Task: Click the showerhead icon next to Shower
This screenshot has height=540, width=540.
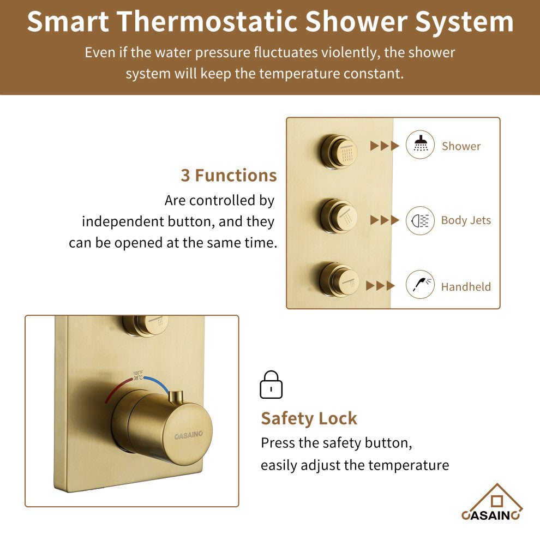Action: (420, 145)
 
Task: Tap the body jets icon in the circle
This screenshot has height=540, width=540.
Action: (420, 220)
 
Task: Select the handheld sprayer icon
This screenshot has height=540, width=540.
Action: (420, 285)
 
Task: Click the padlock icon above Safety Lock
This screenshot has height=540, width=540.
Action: (271, 385)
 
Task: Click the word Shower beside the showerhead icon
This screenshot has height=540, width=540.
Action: (461, 146)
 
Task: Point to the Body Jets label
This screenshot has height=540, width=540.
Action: (466, 220)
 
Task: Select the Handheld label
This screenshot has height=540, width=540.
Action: (466, 287)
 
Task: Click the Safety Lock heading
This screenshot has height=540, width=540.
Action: (309, 418)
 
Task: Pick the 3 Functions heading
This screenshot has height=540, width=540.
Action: (229, 176)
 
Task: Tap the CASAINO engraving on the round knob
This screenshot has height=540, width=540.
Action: (189, 435)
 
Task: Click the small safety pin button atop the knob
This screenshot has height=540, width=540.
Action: (175, 397)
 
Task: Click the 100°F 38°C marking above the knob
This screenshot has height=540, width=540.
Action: (137, 375)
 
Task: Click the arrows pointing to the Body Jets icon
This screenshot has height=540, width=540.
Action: (385, 220)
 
